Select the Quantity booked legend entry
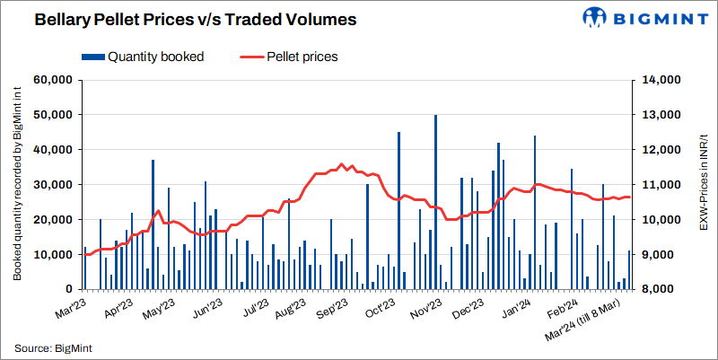pos(155,56)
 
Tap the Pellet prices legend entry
pos(302,56)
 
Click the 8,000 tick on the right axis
pos(662,290)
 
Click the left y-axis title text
pos(17,185)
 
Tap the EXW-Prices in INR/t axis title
pos(703,185)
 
